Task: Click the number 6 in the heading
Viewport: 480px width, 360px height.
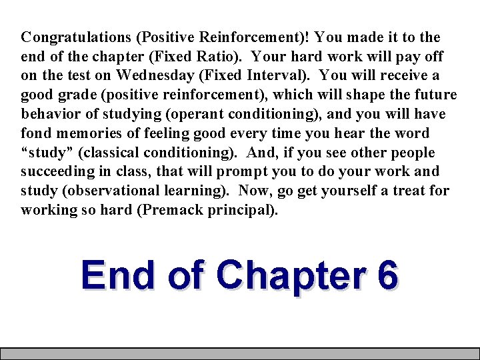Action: [387, 275]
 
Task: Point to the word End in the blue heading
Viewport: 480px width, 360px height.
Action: [119, 275]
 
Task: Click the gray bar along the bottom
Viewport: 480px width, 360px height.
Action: [240, 353]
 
